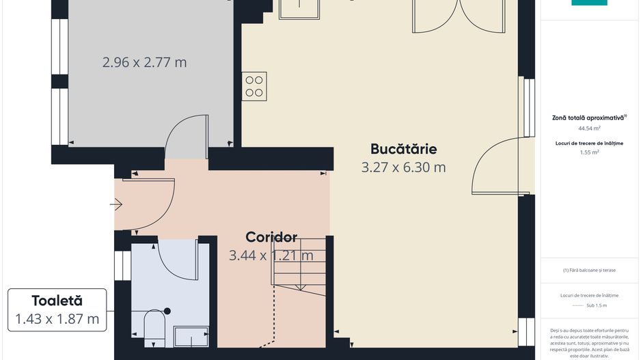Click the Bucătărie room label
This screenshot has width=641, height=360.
pos(403,148)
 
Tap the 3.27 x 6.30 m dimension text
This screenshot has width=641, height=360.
pos(403,167)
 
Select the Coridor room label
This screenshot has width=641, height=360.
pos(271,237)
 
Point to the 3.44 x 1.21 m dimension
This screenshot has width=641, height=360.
pos(271,255)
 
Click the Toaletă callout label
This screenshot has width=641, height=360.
pos(57,301)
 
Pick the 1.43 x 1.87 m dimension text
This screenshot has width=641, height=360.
pos(57,318)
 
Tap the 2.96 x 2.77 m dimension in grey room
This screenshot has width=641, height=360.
pos(144,62)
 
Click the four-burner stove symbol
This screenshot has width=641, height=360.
pos(254,86)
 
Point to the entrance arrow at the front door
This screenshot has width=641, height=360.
pos(115,204)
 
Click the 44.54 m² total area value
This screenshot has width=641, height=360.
pos(588,128)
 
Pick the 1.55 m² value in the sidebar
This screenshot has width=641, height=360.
pos(588,152)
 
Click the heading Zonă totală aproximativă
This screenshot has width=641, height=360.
pos(588,117)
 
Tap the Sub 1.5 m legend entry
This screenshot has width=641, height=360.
pos(596,305)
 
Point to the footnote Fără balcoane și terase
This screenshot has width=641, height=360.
pos(588,270)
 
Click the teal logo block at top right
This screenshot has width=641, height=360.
pos(588,3)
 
